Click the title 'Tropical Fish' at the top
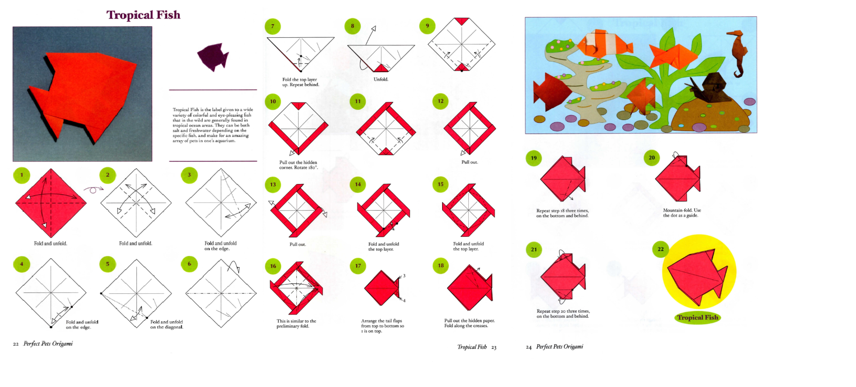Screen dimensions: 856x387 coord(143,15)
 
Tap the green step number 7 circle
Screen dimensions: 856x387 coord(272,26)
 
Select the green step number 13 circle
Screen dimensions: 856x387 coord(273,184)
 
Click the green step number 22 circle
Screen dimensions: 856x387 coord(661,249)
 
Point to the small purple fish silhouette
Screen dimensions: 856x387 coord(213,57)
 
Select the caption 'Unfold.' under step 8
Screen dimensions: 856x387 coord(381,79)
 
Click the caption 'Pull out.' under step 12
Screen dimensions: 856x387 coord(470,162)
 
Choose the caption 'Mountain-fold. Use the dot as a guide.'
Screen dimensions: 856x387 coord(682,213)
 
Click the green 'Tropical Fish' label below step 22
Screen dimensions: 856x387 coord(697,317)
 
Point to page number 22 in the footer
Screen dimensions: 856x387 coord(16,344)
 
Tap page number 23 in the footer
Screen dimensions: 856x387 coord(494,347)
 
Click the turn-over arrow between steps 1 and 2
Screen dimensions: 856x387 coord(93,189)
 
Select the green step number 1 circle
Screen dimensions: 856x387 coord(22,175)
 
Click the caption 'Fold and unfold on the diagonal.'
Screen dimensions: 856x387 coord(167,324)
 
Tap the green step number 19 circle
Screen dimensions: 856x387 coord(534,158)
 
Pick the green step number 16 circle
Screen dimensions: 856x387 coord(273,266)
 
